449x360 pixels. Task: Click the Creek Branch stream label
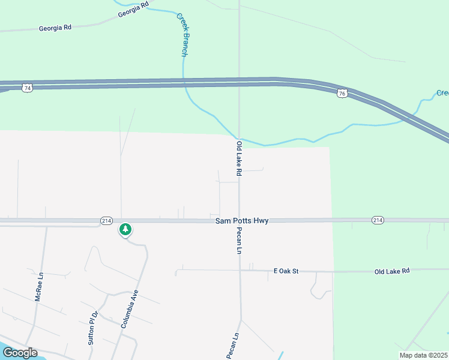point(182,35)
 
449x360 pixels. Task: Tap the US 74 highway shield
point(27,88)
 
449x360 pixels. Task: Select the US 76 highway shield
point(342,94)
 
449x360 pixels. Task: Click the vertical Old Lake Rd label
point(239,158)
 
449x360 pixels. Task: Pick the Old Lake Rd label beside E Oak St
point(391,271)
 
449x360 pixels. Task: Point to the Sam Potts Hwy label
point(242,221)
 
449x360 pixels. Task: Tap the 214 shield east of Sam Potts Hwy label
point(377,220)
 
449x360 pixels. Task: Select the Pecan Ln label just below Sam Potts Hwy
point(239,241)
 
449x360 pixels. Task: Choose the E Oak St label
point(286,271)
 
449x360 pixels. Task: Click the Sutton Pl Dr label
point(92,328)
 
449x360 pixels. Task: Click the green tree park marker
point(125,229)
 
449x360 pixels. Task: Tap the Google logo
point(19,352)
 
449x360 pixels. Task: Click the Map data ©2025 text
point(423,355)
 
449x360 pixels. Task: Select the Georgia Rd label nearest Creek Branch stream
point(133,10)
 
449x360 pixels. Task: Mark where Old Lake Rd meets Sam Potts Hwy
point(239,221)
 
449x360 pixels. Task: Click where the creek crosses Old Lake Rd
point(239,139)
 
